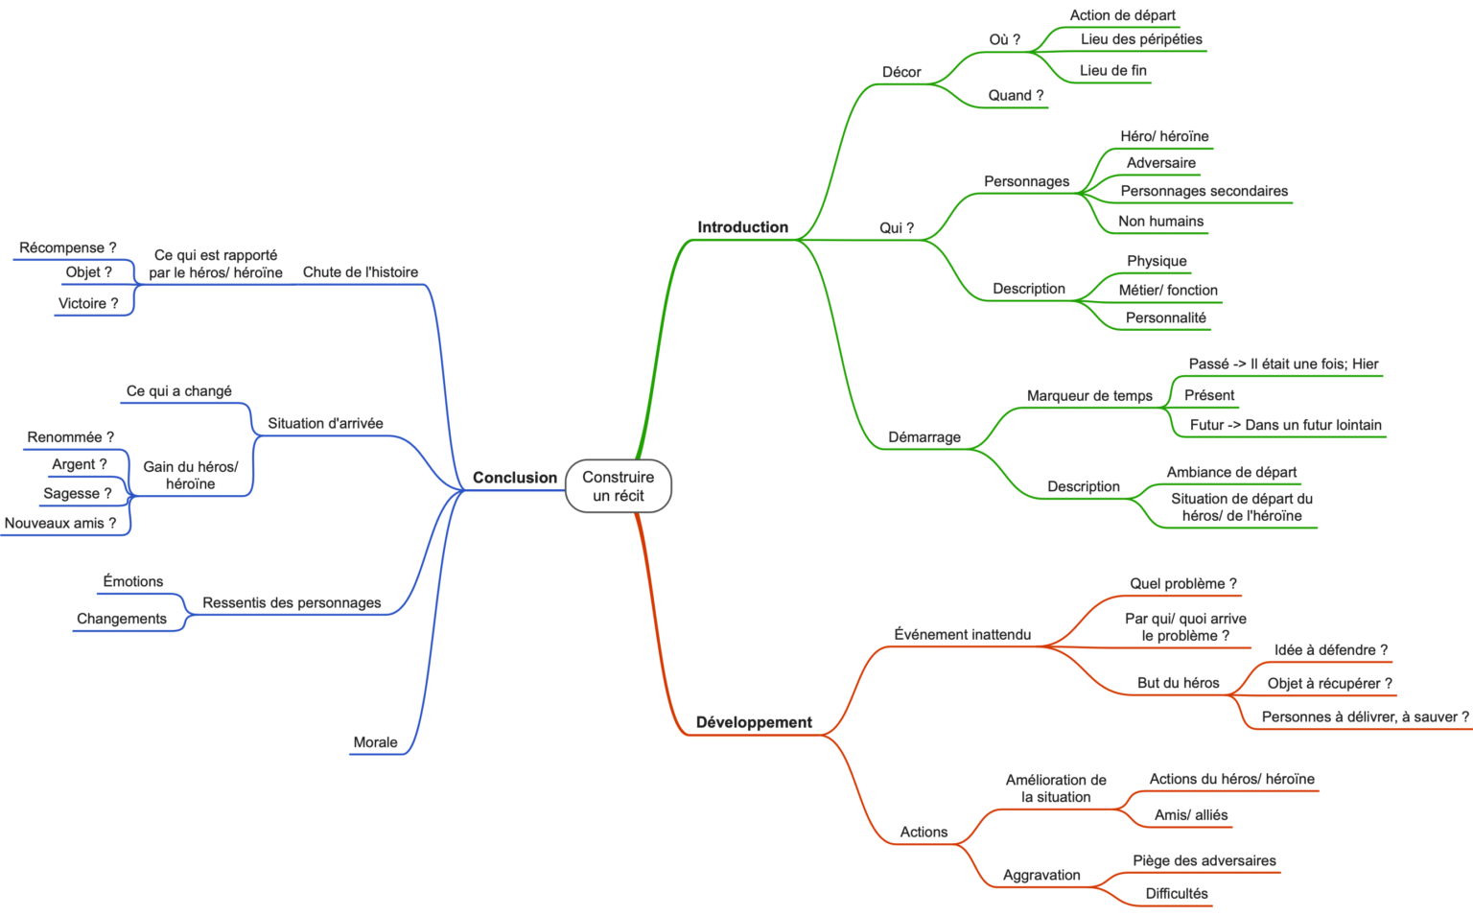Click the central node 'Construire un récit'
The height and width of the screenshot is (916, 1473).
(x=619, y=486)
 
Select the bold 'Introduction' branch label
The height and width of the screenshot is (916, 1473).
(x=742, y=227)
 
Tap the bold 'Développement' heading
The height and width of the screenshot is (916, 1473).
(x=754, y=722)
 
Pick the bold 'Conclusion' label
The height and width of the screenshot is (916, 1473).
(x=514, y=478)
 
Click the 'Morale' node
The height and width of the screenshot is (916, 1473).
(x=375, y=742)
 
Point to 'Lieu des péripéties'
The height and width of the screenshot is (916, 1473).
(x=1141, y=39)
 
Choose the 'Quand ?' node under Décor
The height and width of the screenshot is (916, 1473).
(x=1016, y=95)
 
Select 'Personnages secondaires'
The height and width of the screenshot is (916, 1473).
(x=1204, y=191)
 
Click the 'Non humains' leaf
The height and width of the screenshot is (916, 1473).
(x=1160, y=222)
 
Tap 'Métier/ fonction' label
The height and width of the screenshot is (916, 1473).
(x=1167, y=290)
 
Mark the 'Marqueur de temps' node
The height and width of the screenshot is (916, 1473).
(x=1089, y=396)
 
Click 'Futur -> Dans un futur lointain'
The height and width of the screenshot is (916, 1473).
(x=1285, y=425)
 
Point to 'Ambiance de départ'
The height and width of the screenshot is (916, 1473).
(x=1231, y=472)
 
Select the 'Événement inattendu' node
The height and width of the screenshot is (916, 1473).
(x=962, y=634)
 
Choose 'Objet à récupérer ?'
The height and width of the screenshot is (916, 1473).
(x=1329, y=683)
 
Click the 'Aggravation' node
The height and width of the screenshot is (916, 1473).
(x=1041, y=875)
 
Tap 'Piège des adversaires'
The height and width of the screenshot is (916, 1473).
(x=1204, y=860)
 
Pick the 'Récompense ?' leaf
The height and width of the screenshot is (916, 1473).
(x=67, y=247)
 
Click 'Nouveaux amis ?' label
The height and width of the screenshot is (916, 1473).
(x=60, y=523)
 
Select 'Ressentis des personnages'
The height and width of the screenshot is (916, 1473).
(x=292, y=602)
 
